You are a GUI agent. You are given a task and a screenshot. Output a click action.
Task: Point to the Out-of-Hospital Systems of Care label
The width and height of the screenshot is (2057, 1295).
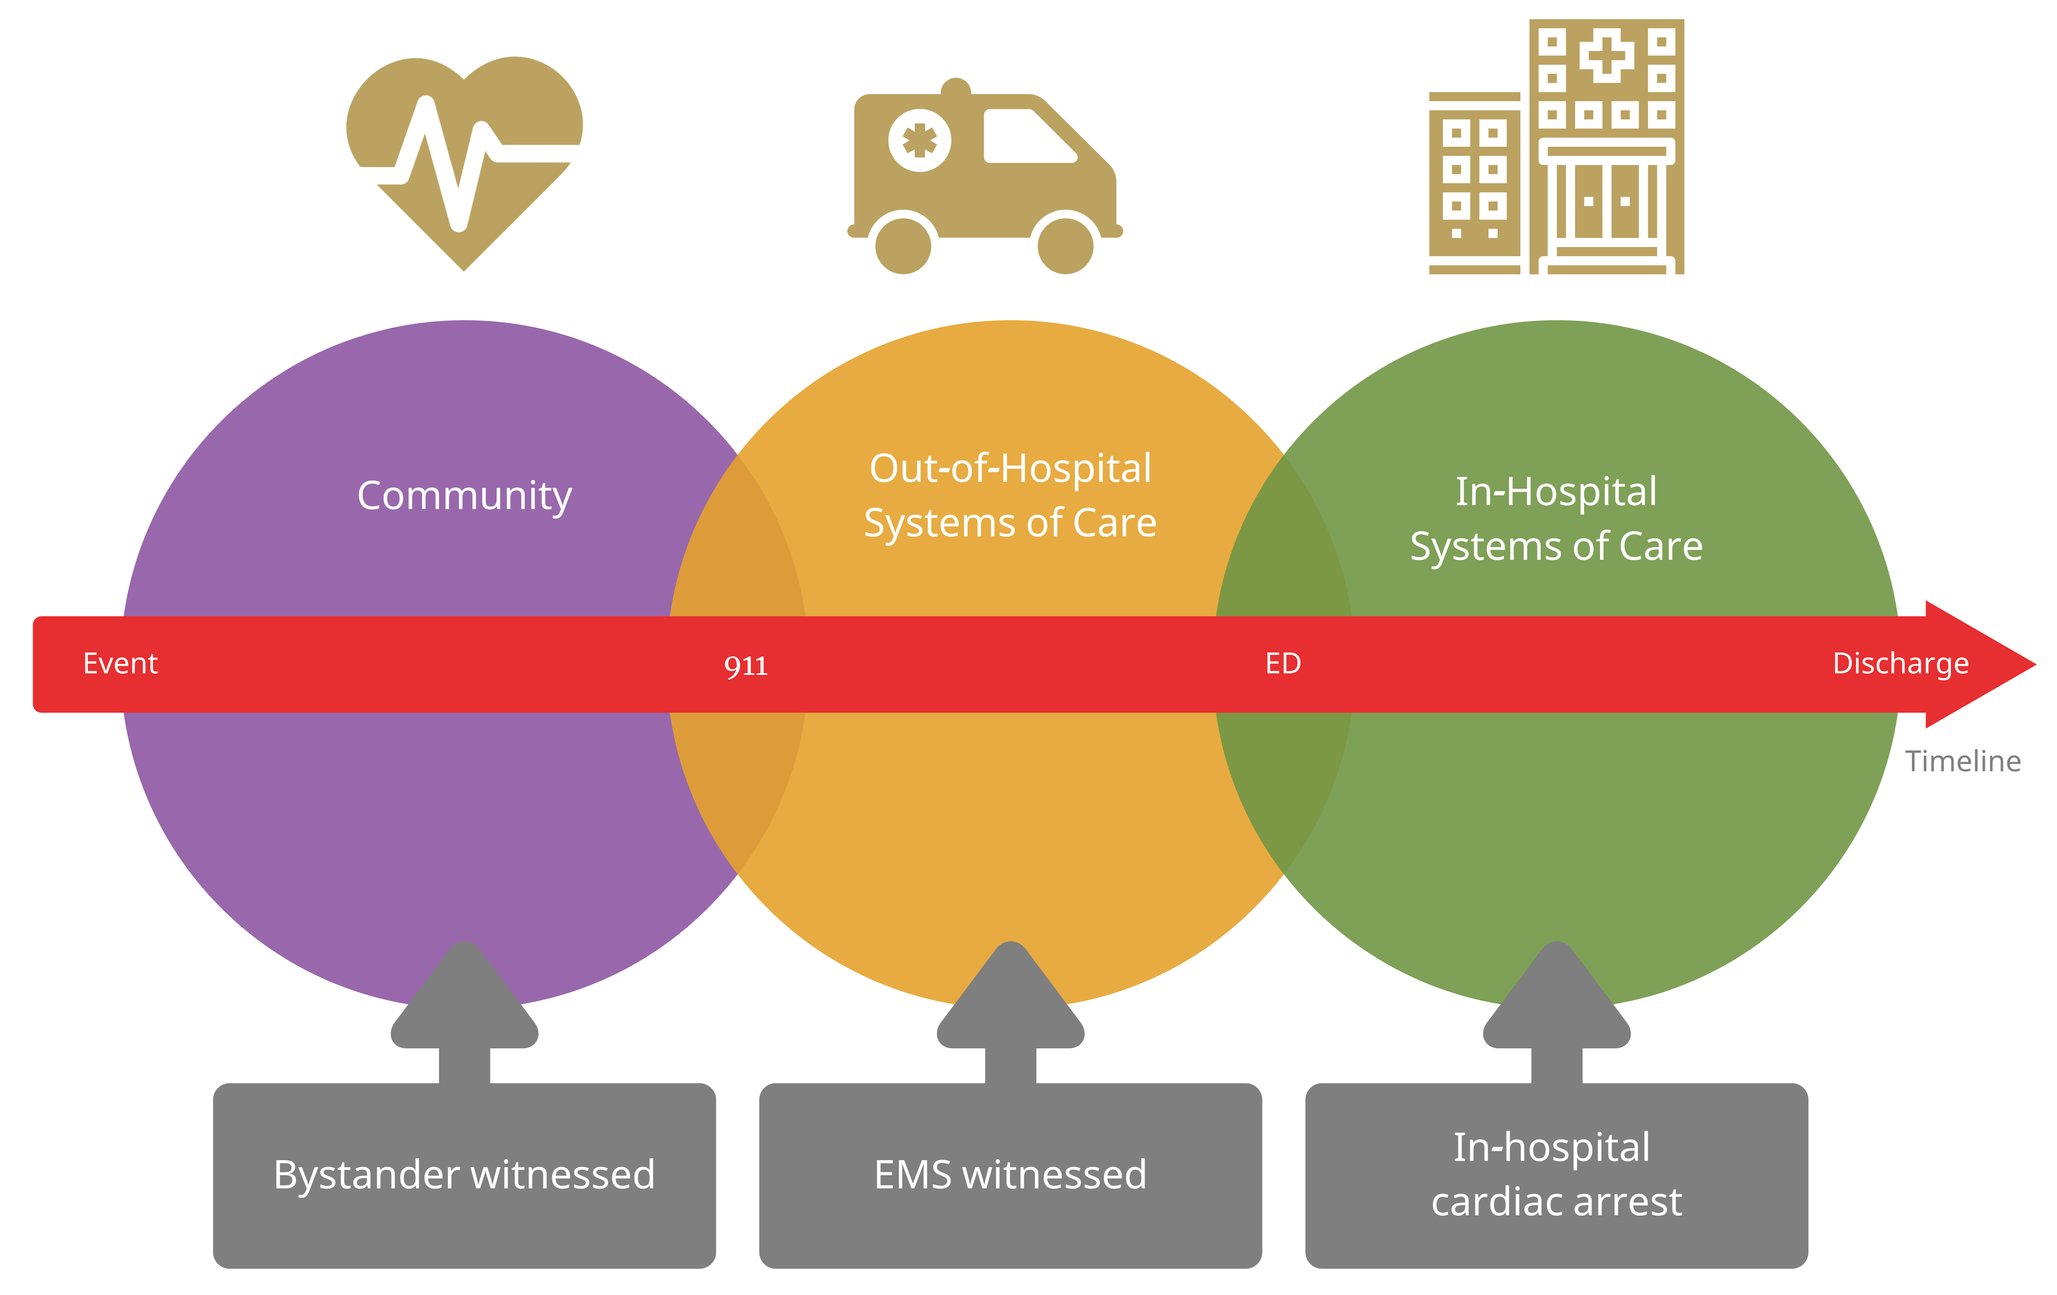(x=1011, y=495)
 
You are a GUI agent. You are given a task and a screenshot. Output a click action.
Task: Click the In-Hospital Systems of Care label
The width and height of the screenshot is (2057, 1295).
(x=1556, y=518)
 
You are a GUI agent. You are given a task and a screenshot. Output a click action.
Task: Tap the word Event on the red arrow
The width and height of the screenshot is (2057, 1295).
(x=120, y=664)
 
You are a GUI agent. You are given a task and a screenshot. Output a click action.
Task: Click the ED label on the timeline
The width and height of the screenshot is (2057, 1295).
(x=1283, y=664)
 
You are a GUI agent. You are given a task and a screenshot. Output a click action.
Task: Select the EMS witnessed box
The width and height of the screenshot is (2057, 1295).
(x=1011, y=1176)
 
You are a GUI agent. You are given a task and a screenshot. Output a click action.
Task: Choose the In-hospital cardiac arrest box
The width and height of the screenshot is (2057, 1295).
(x=1556, y=1176)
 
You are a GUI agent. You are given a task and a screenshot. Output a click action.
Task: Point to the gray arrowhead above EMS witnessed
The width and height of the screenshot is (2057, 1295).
(x=1011, y=999)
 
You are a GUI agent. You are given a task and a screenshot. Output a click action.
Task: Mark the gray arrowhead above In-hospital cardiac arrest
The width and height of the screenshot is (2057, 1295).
(x=1556, y=999)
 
